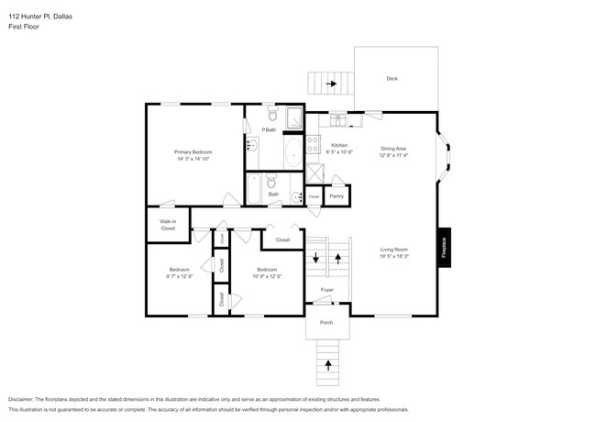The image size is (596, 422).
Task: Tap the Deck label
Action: (x=392, y=78)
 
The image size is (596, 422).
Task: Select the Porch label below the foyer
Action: (x=326, y=323)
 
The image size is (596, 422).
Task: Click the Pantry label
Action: (x=337, y=195)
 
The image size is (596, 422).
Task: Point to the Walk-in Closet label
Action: (x=168, y=225)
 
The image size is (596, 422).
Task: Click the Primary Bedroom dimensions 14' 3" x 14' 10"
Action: (x=193, y=159)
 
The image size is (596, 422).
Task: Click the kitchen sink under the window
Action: (x=337, y=119)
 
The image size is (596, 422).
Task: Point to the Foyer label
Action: (x=326, y=290)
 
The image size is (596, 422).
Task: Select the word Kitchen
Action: (x=338, y=146)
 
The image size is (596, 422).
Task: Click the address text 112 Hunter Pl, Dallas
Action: (x=41, y=16)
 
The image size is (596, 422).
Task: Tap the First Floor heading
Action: (x=25, y=27)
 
